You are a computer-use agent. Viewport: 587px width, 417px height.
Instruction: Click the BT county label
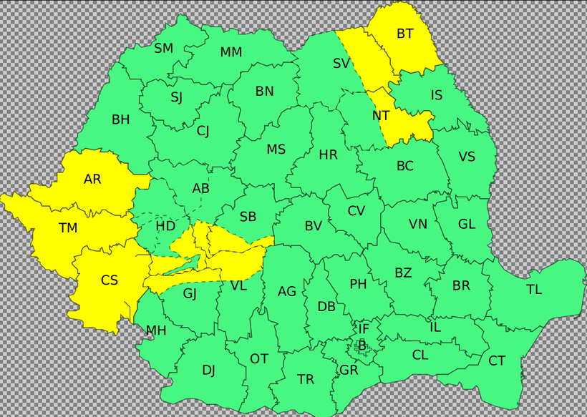[405, 33]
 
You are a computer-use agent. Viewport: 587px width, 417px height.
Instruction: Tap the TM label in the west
[68, 228]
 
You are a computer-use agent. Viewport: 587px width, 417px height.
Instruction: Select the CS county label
[110, 280]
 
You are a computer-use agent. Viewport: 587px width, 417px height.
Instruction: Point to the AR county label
[92, 180]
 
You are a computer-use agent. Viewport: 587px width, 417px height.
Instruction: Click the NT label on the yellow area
[381, 115]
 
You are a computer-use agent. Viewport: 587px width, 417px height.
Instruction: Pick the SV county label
[341, 63]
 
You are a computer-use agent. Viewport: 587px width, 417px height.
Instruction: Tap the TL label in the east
[534, 290]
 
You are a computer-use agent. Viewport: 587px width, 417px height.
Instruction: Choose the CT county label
[497, 361]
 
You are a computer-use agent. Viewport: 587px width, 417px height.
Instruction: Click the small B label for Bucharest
[362, 346]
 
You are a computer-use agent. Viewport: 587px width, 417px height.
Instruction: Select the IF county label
[364, 329]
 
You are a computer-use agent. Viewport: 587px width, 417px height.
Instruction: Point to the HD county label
[165, 226]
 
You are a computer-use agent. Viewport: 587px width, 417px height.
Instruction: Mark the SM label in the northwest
[164, 49]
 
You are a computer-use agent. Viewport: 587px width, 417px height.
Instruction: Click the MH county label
[156, 330]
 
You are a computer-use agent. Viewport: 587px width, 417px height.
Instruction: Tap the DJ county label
[208, 370]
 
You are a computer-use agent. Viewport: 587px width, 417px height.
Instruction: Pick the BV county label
[314, 226]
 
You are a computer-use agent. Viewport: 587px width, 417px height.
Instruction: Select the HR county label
[329, 154]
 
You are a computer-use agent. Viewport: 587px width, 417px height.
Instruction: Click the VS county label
[467, 157]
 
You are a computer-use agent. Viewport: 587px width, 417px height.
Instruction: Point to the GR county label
[349, 370]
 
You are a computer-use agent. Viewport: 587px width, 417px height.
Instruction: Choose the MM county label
[231, 52]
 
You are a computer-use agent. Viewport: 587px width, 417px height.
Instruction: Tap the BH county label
[121, 119]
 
